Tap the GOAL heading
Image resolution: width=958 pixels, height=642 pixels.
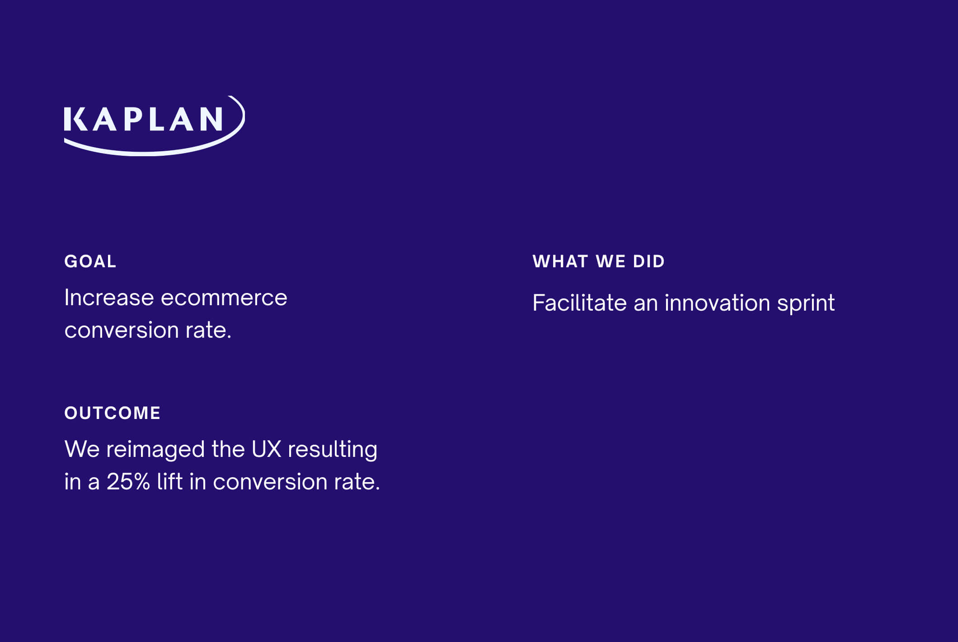pos(90,261)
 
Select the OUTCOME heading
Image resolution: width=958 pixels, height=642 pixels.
pos(113,413)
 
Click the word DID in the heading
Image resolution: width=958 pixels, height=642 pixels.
pos(649,261)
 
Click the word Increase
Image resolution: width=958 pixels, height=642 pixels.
pos(109,298)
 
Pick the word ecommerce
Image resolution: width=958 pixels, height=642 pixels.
pos(224,298)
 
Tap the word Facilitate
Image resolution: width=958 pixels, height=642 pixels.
pos(579,302)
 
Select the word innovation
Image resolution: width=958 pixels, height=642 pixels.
pos(717,302)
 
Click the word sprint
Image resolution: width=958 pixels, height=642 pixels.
pos(806,304)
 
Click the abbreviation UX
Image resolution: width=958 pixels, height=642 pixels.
pos(267,449)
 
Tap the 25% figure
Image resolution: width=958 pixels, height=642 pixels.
pos(128,482)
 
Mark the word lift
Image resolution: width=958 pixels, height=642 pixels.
pos(170,481)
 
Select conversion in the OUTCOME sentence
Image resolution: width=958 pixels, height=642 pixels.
pos(270,482)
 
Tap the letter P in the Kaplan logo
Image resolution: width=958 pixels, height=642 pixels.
pos(133,119)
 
